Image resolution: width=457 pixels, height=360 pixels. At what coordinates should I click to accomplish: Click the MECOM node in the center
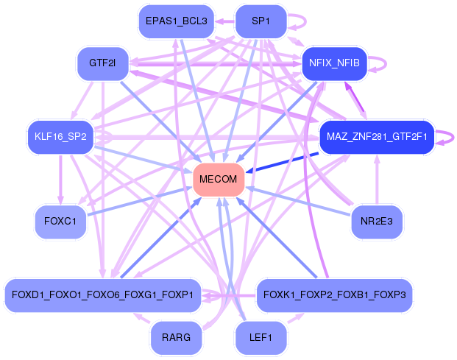[x=218, y=180]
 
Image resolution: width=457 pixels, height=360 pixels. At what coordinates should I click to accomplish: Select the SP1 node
[x=261, y=21]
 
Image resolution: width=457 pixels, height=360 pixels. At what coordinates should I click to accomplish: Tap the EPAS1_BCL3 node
[x=176, y=21]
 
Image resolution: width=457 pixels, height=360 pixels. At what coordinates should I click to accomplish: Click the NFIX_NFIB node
[x=334, y=63]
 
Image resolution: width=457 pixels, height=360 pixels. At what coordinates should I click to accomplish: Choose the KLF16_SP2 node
[x=60, y=137]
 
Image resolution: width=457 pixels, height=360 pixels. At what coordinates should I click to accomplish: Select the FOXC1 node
[x=60, y=222]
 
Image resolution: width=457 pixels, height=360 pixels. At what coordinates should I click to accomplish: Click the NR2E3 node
[x=376, y=222]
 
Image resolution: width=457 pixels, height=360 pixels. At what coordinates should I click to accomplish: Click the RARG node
[x=176, y=338]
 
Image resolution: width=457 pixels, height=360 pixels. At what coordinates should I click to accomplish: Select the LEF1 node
[x=261, y=338]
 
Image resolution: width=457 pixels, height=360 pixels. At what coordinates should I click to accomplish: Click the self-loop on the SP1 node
[x=295, y=21]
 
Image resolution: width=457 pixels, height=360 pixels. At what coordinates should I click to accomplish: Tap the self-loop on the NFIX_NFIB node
[x=377, y=63]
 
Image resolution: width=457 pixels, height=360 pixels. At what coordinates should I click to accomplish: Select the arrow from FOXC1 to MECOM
[x=140, y=201]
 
